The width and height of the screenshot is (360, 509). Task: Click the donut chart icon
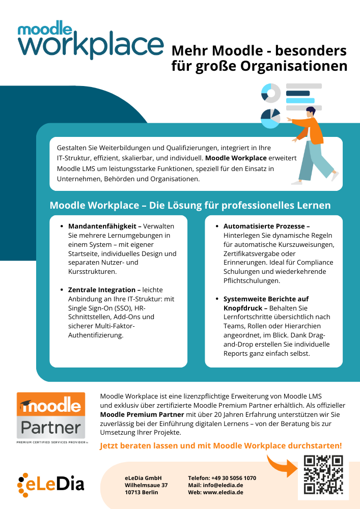point(271,93)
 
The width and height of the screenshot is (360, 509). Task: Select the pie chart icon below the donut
point(270,118)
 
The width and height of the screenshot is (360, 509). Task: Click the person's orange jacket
point(312,130)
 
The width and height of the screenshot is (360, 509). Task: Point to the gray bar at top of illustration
point(304,86)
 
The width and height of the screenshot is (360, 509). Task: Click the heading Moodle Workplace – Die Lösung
point(190,205)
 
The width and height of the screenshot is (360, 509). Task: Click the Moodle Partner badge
point(51,415)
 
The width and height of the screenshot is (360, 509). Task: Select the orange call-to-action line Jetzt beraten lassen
point(220,445)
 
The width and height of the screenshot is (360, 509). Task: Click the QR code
point(323,475)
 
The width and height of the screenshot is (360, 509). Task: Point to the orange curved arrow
point(282,465)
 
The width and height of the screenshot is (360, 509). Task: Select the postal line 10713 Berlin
point(141,492)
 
